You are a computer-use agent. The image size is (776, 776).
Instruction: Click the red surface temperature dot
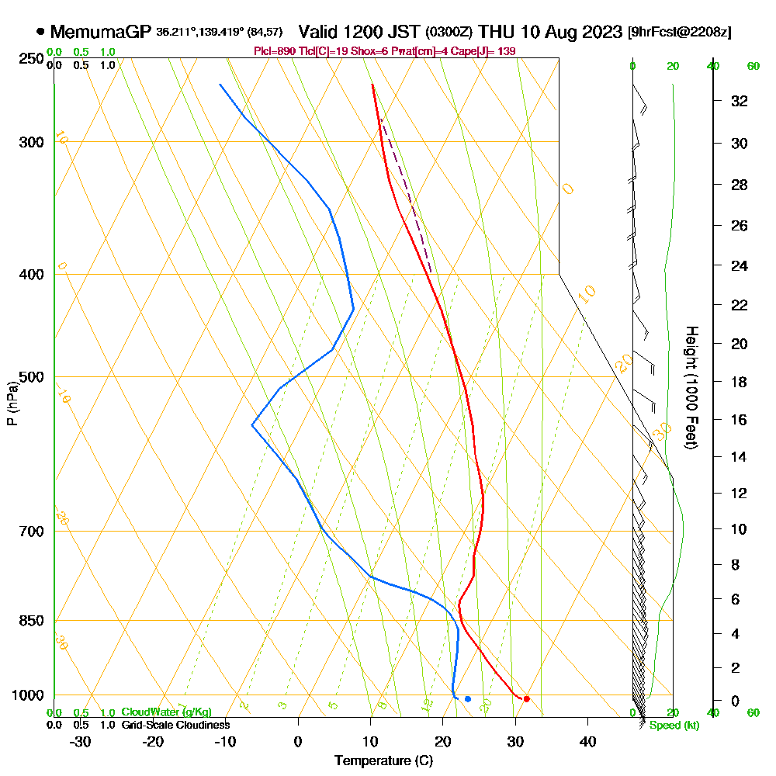(526, 698)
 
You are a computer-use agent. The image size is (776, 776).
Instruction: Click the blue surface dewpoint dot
(468, 699)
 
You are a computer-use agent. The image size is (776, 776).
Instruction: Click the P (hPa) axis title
(12, 404)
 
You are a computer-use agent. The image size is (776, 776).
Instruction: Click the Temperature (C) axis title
(383, 760)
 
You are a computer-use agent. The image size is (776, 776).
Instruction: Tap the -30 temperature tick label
(81, 742)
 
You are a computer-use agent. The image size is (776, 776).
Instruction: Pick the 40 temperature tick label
(587, 742)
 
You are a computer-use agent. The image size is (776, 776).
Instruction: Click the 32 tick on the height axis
(739, 101)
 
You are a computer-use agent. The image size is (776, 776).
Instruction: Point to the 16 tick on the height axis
(739, 420)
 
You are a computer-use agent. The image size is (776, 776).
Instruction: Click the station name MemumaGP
(101, 32)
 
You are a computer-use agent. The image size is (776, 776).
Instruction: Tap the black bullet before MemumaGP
(40, 32)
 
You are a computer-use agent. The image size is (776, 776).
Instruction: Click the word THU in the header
(495, 32)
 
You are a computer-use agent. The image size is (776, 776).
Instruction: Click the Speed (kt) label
(674, 726)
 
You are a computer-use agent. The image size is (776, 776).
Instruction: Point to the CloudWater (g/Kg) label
(166, 712)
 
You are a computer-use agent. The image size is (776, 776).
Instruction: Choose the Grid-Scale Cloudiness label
(175, 725)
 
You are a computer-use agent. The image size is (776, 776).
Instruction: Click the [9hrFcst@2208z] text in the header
(680, 32)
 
